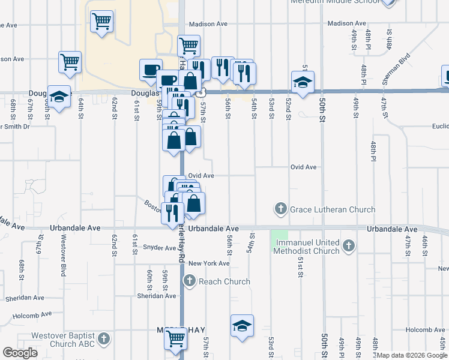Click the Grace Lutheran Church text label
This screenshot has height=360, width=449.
pos(333,209)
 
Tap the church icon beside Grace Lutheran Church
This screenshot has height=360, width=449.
pos(280,209)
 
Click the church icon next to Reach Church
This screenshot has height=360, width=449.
pos(190,281)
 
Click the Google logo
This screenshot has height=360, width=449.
pos(20,353)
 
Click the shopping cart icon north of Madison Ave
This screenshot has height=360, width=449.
pos(101,22)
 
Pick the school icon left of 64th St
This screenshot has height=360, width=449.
pos(59,97)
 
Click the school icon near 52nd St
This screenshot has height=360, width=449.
pos(303,82)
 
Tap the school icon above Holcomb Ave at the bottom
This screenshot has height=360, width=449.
pos(242,326)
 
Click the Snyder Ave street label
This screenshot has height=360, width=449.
pos(159,247)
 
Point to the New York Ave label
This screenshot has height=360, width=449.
pos(209,263)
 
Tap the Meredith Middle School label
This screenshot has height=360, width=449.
pos(335,2)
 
